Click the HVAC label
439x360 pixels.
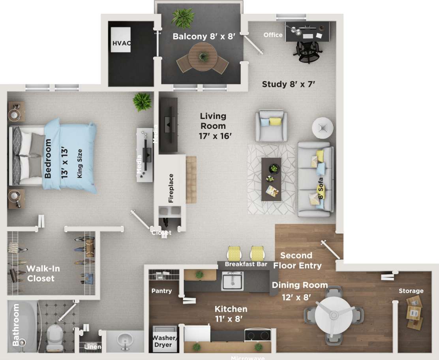121,43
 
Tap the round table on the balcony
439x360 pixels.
203,57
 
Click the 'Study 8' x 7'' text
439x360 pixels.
288,84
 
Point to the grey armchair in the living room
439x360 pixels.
271,126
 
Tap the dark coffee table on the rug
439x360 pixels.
271,179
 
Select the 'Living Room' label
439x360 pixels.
213,121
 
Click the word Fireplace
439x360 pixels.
171,188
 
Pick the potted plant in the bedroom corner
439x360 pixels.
142,102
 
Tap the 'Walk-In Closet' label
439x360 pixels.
40,273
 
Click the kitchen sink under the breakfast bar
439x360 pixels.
232,281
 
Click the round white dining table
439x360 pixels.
334,315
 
